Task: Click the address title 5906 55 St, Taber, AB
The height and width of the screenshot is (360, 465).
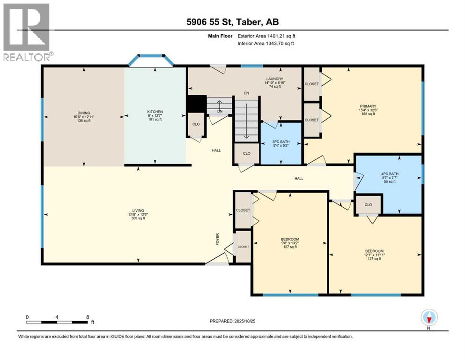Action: click(232, 22)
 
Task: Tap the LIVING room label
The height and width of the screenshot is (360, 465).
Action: click(138, 210)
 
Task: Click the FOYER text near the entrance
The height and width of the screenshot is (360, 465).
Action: click(217, 239)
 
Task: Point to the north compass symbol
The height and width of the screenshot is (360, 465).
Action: click(429, 318)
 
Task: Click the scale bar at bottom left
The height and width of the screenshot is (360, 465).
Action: click(57, 322)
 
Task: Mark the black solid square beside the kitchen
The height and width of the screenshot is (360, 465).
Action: click(196, 104)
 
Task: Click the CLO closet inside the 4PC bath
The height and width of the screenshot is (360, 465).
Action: click(369, 204)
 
